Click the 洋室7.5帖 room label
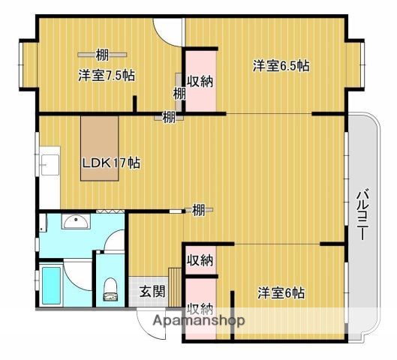pos(107,75)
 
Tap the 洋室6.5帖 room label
pos(281,66)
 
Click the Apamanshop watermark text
pos(199,321)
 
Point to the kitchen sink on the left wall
pos(48,164)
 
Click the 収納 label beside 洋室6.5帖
pos(200,80)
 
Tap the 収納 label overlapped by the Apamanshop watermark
pos(200,308)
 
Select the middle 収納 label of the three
pos(200,260)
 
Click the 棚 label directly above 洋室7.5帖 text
pos(103,53)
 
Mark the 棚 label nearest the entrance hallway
pos(198,210)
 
